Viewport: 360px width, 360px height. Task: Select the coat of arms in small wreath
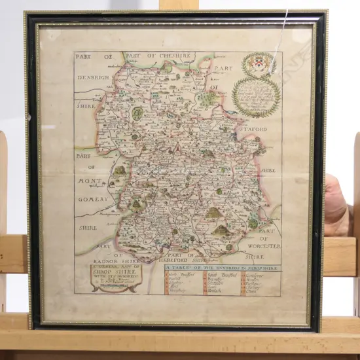pos(257,65)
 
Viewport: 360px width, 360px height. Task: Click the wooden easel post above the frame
pos(178,5)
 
